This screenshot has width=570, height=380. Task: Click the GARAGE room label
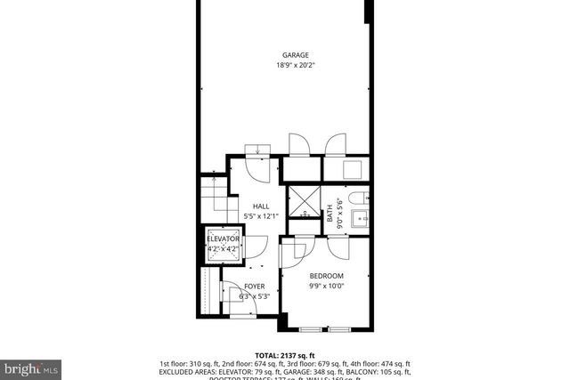point(296,55)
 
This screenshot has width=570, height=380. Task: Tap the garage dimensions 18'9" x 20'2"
point(296,64)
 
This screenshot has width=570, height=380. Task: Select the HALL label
point(260,206)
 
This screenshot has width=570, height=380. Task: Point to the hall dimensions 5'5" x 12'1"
point(260,215)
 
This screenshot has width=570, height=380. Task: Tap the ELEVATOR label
point(223,239)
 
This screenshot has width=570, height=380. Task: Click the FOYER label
point(254,287)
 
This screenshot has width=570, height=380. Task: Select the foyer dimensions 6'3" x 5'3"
point(254,296)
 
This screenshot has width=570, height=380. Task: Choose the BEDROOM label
point(326,277)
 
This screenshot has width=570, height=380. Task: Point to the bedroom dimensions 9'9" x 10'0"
point(326,286)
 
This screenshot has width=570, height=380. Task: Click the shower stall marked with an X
point(304,202)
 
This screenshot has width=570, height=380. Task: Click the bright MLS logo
point(31,367)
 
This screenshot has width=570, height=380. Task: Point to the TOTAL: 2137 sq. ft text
point(285,355)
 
